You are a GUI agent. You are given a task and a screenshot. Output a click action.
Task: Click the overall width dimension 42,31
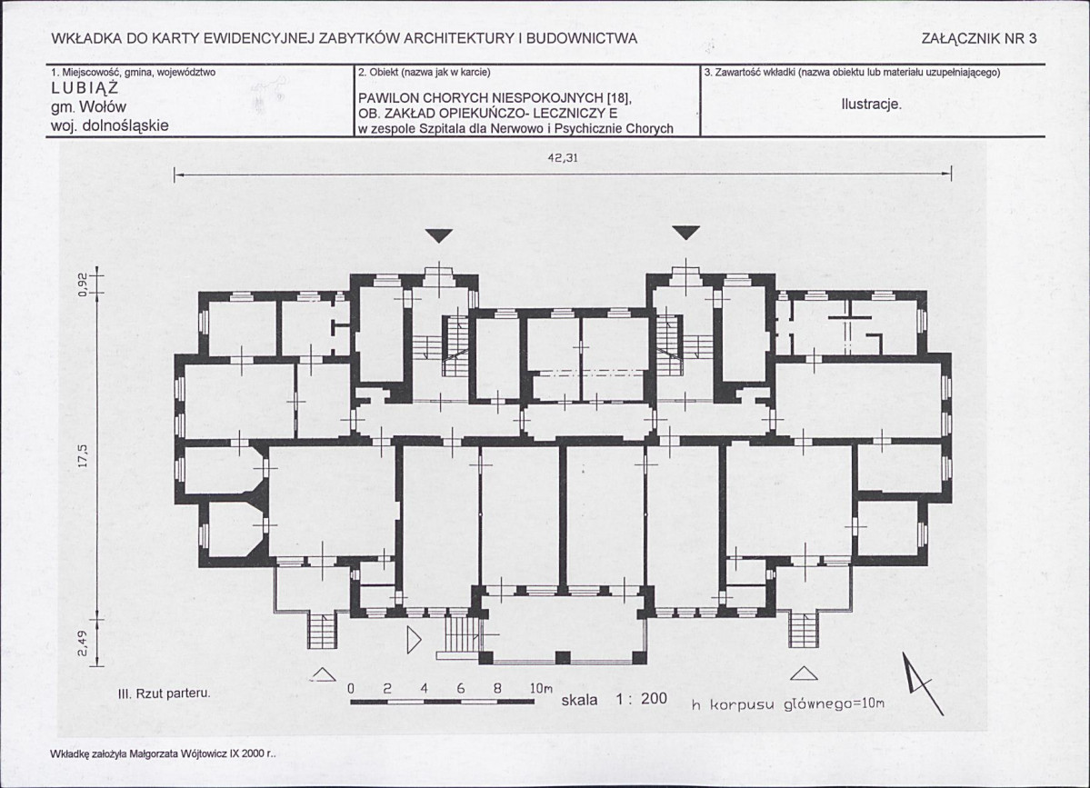pos(563,158)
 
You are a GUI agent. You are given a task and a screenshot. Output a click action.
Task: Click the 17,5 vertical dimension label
pos(83,456)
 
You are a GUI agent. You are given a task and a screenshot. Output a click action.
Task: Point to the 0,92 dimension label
pos(83,284)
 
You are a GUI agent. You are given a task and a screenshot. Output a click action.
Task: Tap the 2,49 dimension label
pos(83,643)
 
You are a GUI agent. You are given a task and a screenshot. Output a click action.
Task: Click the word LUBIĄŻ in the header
pos(85,89)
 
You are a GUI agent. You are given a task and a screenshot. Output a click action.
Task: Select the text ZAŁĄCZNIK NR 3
pos(979,39)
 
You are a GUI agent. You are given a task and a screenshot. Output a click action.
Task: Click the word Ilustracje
pos(871,105)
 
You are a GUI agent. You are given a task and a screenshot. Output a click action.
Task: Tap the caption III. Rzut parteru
pos(164,693)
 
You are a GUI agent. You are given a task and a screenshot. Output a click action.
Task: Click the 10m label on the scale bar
pos(541,689)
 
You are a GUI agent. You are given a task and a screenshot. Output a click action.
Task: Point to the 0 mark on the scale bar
pos(351,689)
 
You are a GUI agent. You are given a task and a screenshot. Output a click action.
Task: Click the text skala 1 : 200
pos(614,699)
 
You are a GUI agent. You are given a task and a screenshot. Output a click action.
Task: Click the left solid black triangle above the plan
pos(439,235)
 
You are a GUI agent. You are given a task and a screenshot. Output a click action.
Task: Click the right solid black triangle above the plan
pos(686,233)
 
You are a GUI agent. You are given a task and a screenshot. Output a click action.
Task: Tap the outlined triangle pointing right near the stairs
pos(414,640)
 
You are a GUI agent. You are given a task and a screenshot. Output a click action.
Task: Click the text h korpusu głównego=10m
pos(787,703)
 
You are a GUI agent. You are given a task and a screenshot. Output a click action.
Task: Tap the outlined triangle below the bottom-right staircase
pos(804,673)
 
